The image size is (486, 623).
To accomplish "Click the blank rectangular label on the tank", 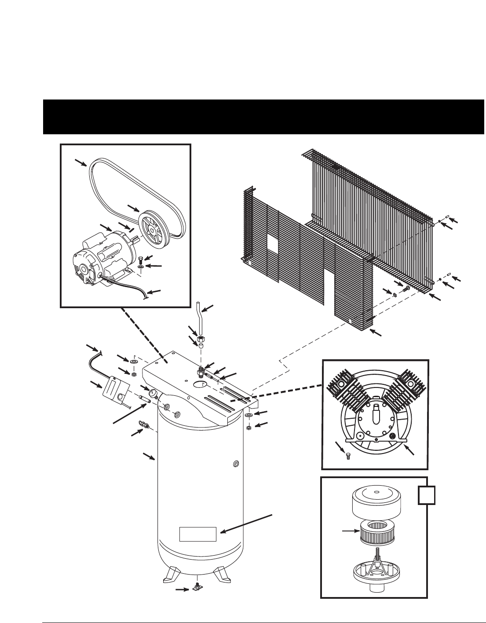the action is pos(198,534).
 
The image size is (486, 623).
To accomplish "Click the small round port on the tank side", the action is pos(237,464).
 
